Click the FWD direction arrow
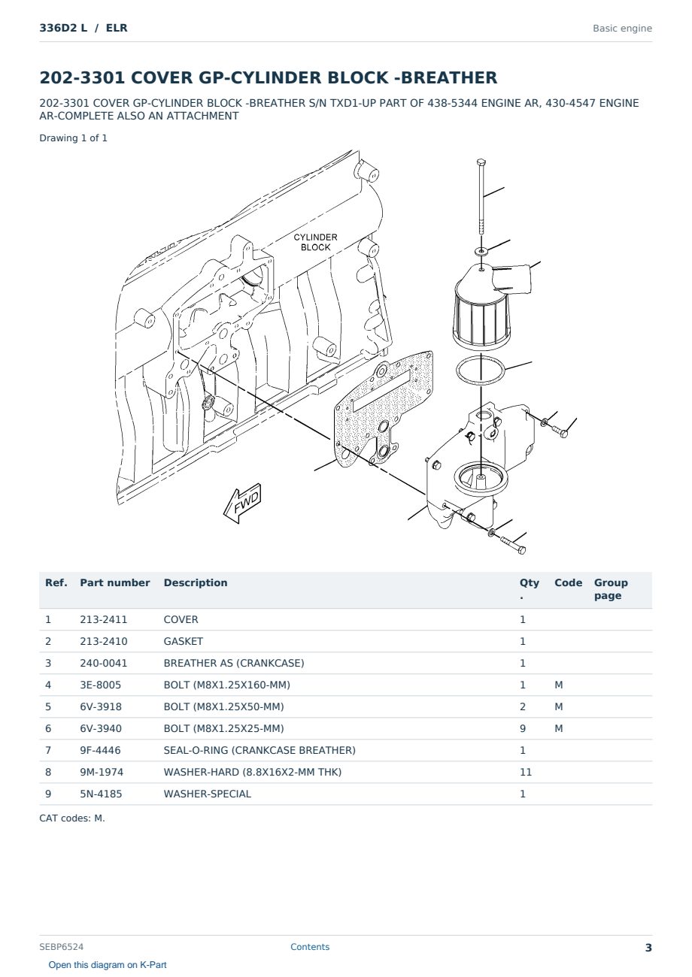pyautogui.click(x=242, y=503)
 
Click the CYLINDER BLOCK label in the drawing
pyautogui.click(x=315, y=242)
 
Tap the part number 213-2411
pyautogui.click(x=104, y=619)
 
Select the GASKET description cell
pyautogui.click(x=184, y=641)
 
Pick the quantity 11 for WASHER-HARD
pyautogui.click(x=526, y=772)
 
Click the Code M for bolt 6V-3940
pyautogui.click(x=558, y=728)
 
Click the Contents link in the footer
pyautogui.click(x=310, y=946)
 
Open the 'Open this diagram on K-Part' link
pyautogui.click(x=108, y=965)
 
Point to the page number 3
pyautogui.click(x=648, y=948)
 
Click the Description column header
pyautogui.click(x=196, y=582)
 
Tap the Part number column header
pyautogui.click(x=115, y=582)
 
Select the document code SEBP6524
pyautogui.click(x=62, y=946)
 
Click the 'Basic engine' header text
pyautogui.click(x=622, y=29)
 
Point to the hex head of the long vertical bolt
pyautogui.click(x=481, y=162)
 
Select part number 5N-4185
pyautogui.click(x=101, y=794)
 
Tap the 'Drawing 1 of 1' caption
pyautogui.click(x=74, y=138)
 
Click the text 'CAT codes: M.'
pyautogui.click(x=72, y=818)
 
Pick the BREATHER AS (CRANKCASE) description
pyautogui.click(x=234, y=663)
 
